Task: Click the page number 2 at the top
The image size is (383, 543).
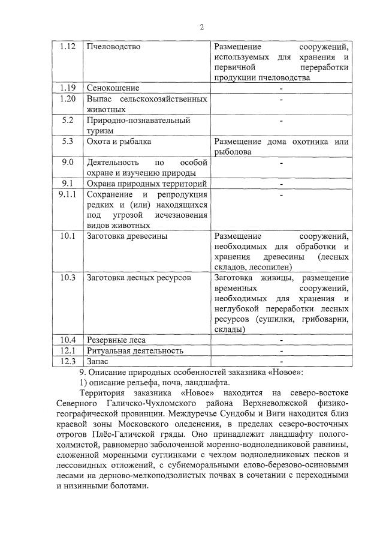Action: (202, 27)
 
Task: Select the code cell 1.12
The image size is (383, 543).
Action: (68, 46)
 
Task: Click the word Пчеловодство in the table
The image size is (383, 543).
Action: (113, 46)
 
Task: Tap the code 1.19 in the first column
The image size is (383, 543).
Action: (68, 88)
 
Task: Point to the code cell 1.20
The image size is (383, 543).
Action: (68, 98)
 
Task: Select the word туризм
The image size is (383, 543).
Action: (101, 130)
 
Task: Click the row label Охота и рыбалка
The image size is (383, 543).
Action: (119, 142)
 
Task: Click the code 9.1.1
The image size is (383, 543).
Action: (68, 194)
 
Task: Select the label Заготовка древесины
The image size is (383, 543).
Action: (127, 236)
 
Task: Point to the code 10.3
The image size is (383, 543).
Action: (68, 277)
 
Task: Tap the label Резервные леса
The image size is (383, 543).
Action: (116, 340)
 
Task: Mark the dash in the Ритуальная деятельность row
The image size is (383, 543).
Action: (281, 350)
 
